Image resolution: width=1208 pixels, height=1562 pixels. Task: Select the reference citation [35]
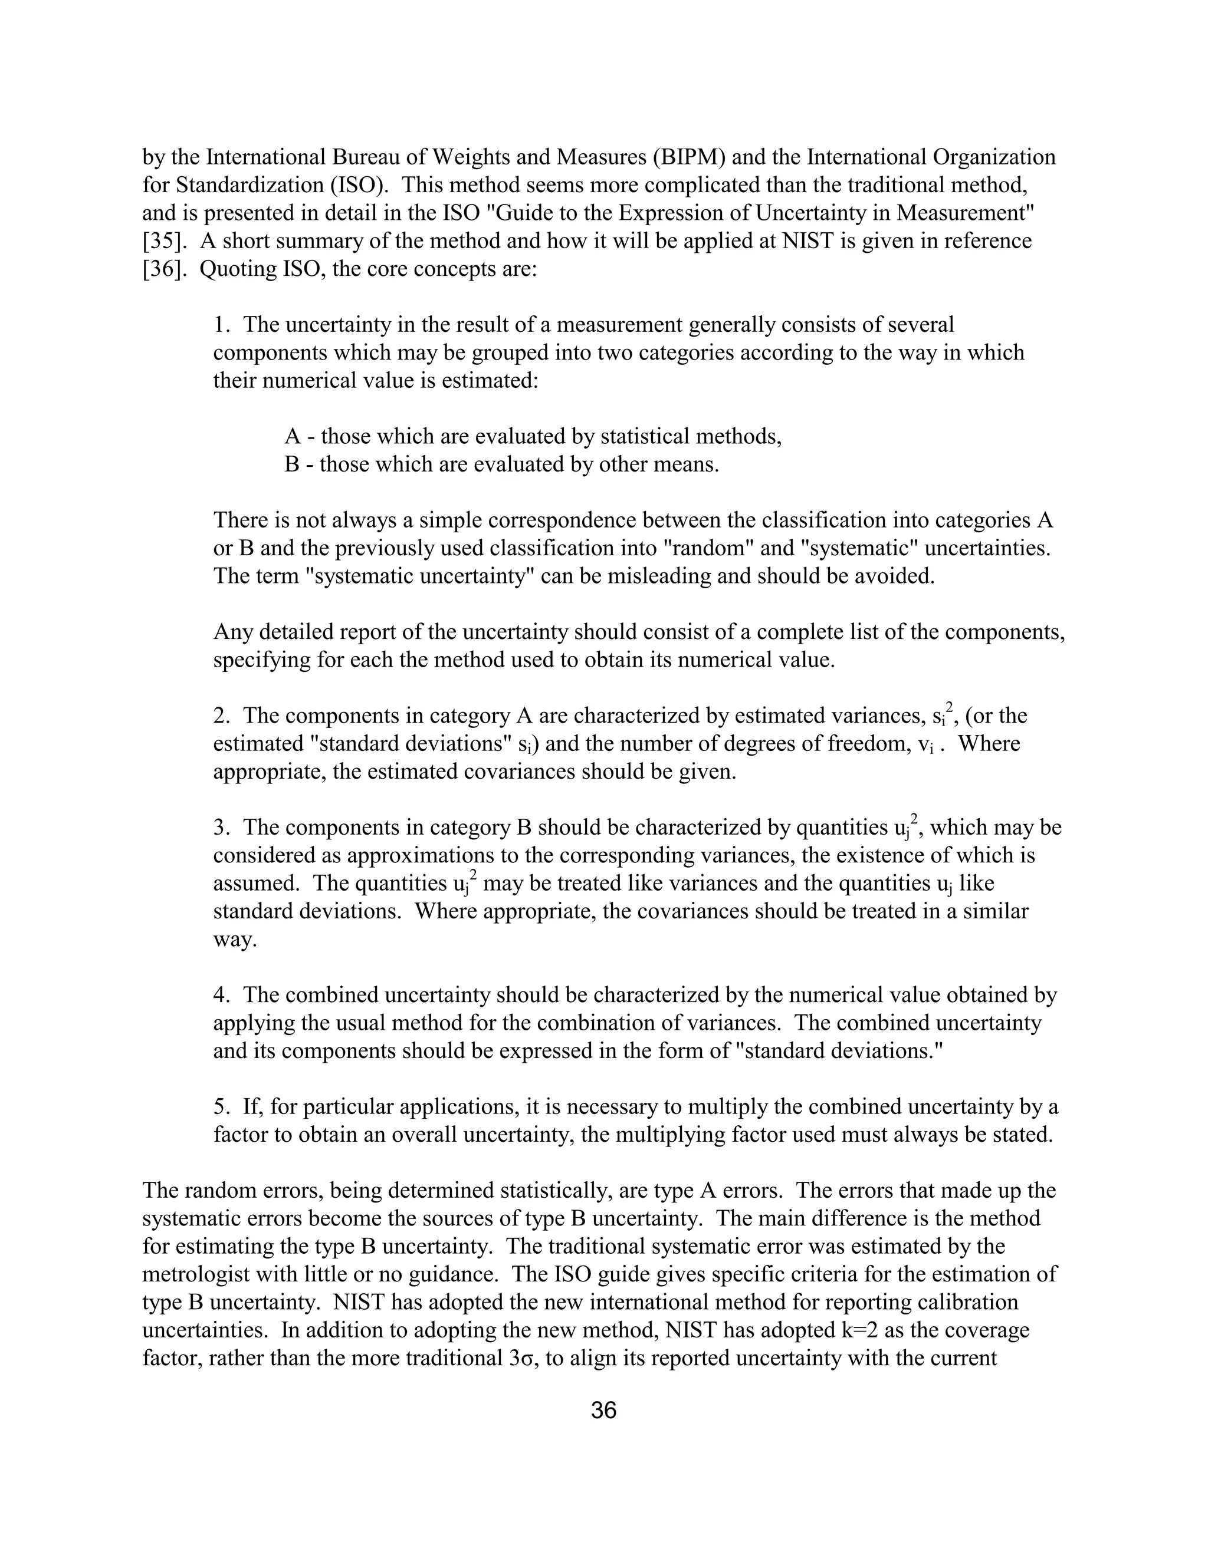point(165,241)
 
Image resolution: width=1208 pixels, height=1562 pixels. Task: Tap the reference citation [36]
point(165,269)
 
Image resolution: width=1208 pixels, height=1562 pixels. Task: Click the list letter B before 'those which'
point(292,464)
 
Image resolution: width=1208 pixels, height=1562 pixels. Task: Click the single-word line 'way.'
point(235,940)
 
